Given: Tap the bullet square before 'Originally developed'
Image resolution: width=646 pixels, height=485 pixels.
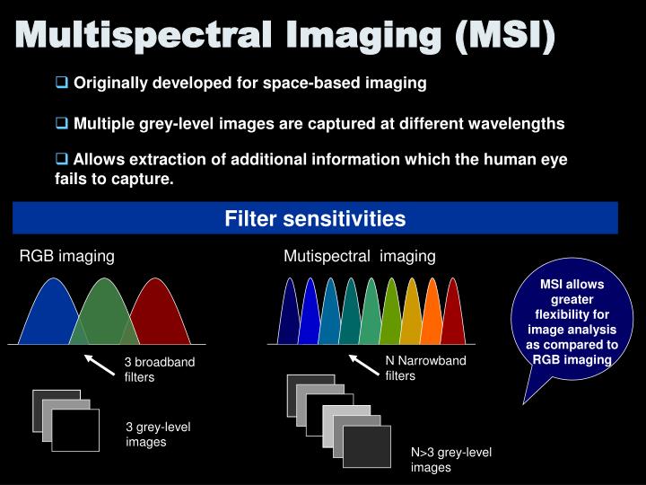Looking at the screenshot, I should coord(62,83).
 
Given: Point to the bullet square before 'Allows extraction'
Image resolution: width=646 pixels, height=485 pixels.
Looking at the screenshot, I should coord(62,159).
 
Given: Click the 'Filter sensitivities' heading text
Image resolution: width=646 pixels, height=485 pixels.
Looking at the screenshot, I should coord(315,219).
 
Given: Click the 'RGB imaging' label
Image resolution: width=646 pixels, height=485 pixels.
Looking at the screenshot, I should coord(67,256).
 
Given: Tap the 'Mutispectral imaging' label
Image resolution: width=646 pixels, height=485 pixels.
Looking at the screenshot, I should coord(359,256).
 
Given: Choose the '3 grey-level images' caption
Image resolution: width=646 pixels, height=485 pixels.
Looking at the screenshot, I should coord(158,434).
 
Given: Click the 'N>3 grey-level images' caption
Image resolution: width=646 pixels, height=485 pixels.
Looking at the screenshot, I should coord(451,460).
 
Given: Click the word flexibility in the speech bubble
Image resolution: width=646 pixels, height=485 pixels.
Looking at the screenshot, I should coord(572,314).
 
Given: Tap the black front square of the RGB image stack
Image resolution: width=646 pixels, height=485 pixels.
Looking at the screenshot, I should coord(75,429).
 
